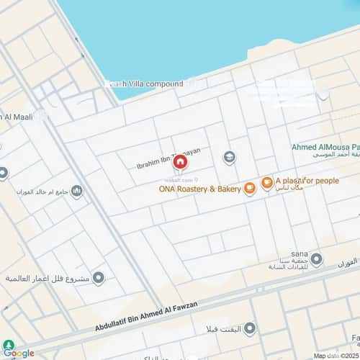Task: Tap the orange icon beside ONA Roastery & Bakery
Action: pos(250,189)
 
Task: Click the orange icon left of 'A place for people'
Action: pos(267,182)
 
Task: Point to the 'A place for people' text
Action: pos(307,180)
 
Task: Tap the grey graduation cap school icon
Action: pos(229,158)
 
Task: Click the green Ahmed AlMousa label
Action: pos(325,147)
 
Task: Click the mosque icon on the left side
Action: pos(77,191)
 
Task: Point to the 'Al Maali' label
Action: pos(16,117)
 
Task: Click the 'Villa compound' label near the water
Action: pos(148,84)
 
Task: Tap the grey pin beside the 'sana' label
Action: pos(316,258)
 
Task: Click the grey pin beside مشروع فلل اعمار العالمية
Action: pos(99,278)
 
